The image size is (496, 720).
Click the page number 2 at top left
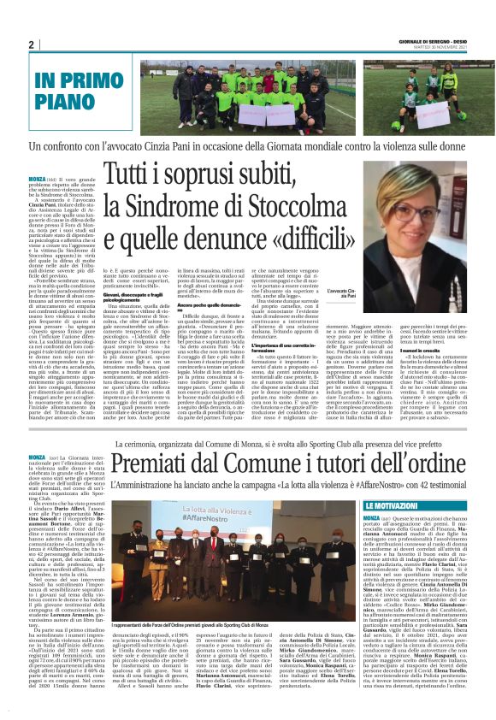[31, 44]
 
